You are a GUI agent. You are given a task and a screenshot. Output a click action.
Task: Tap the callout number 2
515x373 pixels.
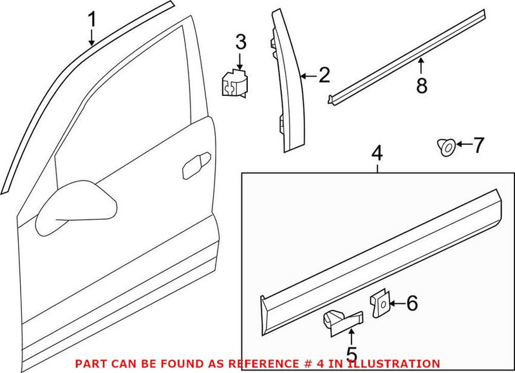[x=323, y=76]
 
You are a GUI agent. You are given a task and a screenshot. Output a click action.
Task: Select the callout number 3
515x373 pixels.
[x=240, y=44]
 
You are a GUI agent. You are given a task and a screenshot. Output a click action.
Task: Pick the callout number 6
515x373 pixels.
[x=412, y=302]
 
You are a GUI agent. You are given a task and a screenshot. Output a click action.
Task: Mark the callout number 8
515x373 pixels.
[x=422, y=86]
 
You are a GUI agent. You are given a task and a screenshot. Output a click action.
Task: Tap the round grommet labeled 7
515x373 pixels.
[x=444, y=148]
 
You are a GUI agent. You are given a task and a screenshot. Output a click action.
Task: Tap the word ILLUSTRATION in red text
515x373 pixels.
[x=401, y=364]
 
